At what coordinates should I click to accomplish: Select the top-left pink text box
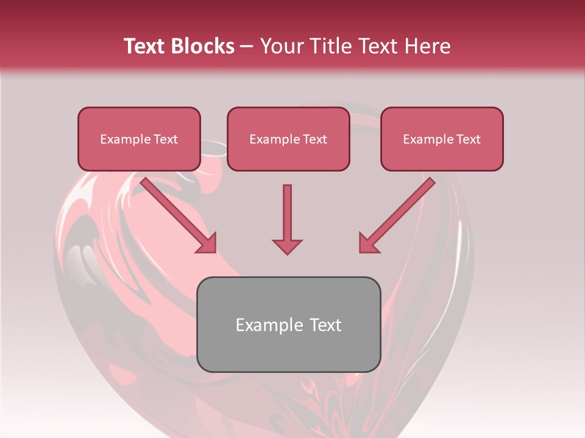pyautogui.click(x=139, y=139)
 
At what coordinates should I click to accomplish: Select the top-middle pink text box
pyautogui.click(x=288, y=139)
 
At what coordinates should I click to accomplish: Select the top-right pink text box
pyautogui.click(x=442, y=139)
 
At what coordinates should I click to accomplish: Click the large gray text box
pyautogui.click(x=288, y=324)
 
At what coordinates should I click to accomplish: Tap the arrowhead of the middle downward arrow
pyautogui.click(x=287, y=246)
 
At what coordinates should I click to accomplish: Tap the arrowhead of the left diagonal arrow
pyautogui.click(x=207, y=243)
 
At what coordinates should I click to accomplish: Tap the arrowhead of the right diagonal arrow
pyautogui.click(x=368, y=243)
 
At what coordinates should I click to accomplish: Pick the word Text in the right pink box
pyautogui.click(x=469, y=139)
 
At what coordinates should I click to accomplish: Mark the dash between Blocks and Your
pyautogui.click(x=247, y=47)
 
